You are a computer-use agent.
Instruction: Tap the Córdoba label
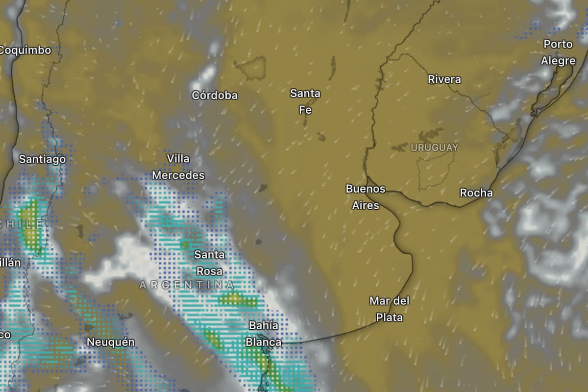[215, 96]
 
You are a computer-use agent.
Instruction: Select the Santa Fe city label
[305, 101]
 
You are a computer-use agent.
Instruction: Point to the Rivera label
[444, 79]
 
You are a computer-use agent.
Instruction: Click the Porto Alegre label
[558, 52]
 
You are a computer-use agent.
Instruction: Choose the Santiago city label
[42, 159]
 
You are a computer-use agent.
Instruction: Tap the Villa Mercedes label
[178, 167]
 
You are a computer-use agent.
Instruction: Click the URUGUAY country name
[434, 147]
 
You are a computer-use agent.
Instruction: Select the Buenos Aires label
[366, 197]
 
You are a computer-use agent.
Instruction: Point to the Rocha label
[476, 193]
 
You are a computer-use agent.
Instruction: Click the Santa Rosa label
[209, 263]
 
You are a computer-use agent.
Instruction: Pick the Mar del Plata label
[390, 309]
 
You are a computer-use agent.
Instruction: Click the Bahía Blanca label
[264, 334]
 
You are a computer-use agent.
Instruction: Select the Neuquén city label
[110, 342]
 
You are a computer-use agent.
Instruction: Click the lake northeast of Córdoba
[251, 67]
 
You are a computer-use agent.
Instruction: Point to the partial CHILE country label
[22, 224]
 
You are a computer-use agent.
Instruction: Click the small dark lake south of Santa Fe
[321, 137]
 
